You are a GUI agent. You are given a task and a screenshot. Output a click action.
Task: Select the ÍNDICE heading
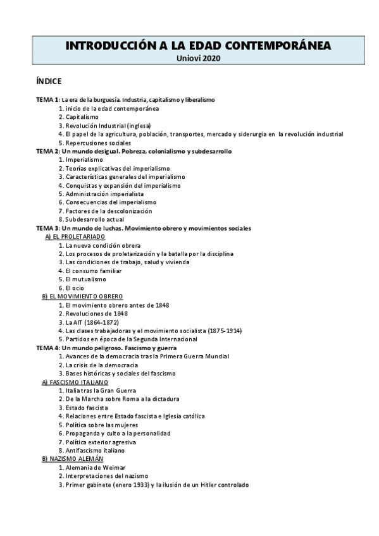pos(49,82)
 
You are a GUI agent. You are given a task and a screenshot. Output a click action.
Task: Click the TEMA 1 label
pos(47,100)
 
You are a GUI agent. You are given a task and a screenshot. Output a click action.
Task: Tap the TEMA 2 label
pos(47,152)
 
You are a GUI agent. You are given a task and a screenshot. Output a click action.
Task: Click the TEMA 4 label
pos(47,348)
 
